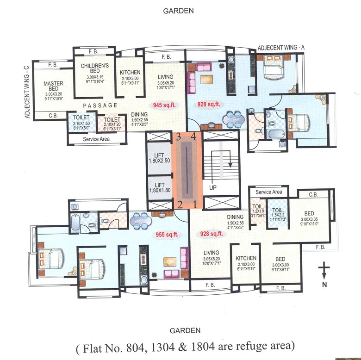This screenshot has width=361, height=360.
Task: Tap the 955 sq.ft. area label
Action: point(165,234)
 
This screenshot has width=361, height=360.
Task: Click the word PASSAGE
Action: point(97,106)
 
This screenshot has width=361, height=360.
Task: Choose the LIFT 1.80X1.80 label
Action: point(159,187)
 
